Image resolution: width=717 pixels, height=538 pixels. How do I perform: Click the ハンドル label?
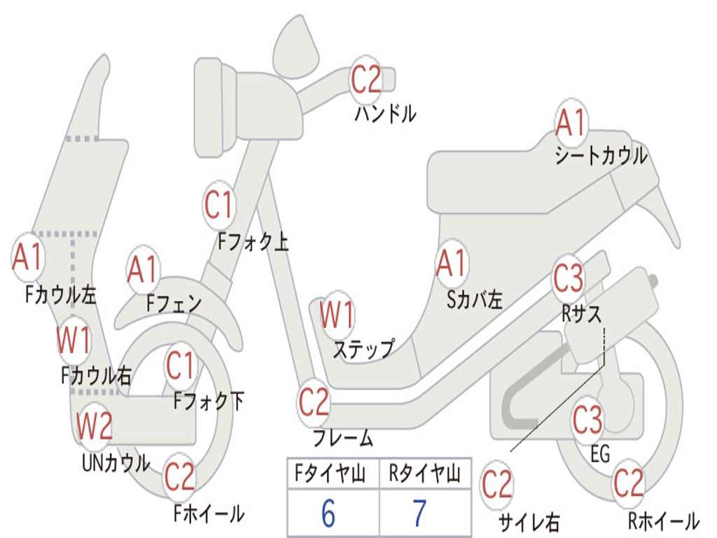pos(385,113)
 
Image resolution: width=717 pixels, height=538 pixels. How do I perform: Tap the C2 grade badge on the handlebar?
pos(366,78)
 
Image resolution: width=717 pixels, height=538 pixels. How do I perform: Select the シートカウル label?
pos(601,156)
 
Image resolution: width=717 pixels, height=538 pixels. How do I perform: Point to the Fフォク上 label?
pos(253,242)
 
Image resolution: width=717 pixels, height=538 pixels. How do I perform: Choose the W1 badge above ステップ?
pos(337,315)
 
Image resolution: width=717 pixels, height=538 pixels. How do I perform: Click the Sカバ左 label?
pos(475,300)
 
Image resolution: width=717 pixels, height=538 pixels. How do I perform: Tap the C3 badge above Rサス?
pos(568,278)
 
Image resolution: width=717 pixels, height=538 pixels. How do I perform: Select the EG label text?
pos(600,454)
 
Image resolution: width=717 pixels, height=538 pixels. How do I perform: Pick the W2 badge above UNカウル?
pos(95,426)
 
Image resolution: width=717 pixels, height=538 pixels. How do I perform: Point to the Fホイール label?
pos(209,513)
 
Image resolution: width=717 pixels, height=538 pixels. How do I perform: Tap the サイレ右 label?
pos(529,522)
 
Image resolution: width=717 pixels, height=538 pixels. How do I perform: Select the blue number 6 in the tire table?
pos(328,513)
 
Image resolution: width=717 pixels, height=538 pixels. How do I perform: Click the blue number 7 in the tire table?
pos(419,513)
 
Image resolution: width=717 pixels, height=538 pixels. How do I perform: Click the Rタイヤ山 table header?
pos(424,476)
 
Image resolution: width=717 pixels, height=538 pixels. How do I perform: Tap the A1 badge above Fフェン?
pos(143,270)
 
